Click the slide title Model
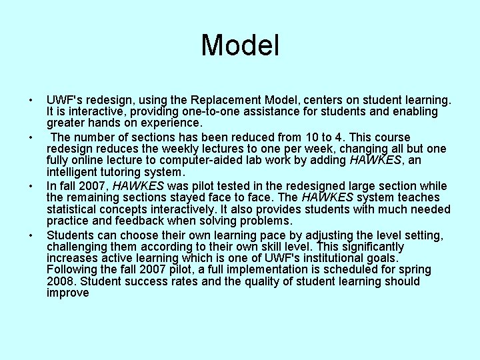tap(240, 46)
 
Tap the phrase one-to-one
tap(193, 111)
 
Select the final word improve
tap(67, 293)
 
